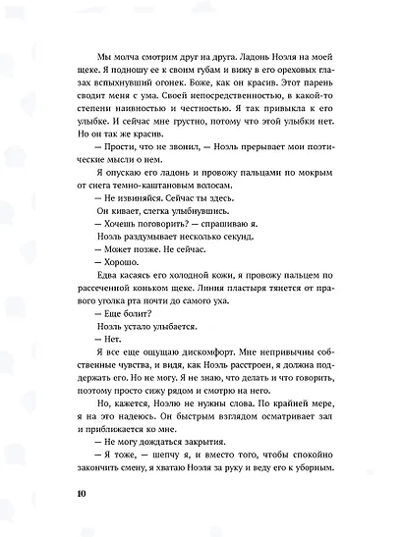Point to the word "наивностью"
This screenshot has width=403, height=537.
click(237, 112)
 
